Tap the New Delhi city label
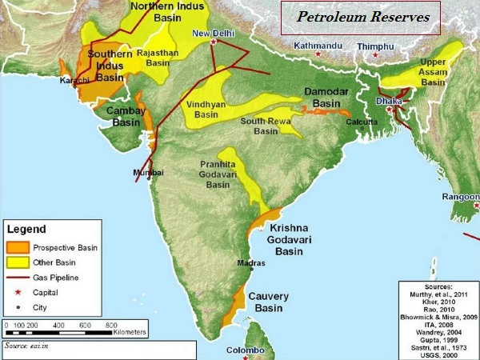(x=213, y=33)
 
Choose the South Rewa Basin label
(x=267, y=126)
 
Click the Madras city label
(x=251, y=262)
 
